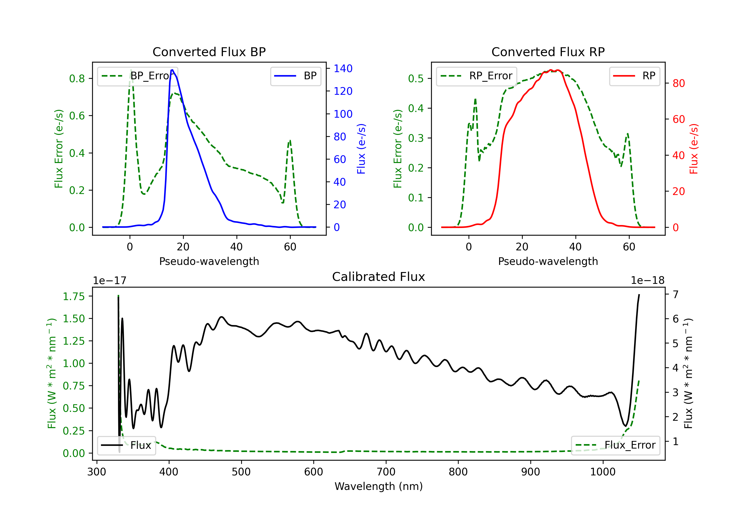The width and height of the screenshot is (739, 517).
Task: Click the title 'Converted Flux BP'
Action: (209, 52)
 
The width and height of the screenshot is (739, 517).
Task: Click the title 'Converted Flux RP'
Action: (548, 52)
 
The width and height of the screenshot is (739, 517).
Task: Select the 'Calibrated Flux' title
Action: (379, 277)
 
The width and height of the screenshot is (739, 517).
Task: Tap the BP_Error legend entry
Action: (138, 76)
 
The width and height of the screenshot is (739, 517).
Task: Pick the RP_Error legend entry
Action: (477, 76)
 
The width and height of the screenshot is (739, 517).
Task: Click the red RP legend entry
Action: (634, 76)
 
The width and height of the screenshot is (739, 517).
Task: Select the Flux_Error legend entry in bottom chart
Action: (615, 445)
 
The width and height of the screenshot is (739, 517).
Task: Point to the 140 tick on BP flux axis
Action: (343, 68)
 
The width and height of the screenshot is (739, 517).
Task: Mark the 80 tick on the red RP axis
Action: (679, 83)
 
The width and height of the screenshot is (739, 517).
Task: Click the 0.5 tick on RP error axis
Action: (416, 79)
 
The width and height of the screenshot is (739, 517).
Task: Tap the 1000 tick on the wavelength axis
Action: (603, 472)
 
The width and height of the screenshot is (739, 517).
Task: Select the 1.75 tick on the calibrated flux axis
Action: (74, 296)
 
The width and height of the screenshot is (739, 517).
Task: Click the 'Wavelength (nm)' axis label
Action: (379, 486)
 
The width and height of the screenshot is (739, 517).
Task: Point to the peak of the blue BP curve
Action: (172, 70)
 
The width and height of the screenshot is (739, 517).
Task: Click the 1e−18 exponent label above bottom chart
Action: (648, 281)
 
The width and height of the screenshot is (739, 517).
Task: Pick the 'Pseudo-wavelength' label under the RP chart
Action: (548, 261)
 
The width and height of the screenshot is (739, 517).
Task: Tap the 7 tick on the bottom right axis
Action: (676, 294)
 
